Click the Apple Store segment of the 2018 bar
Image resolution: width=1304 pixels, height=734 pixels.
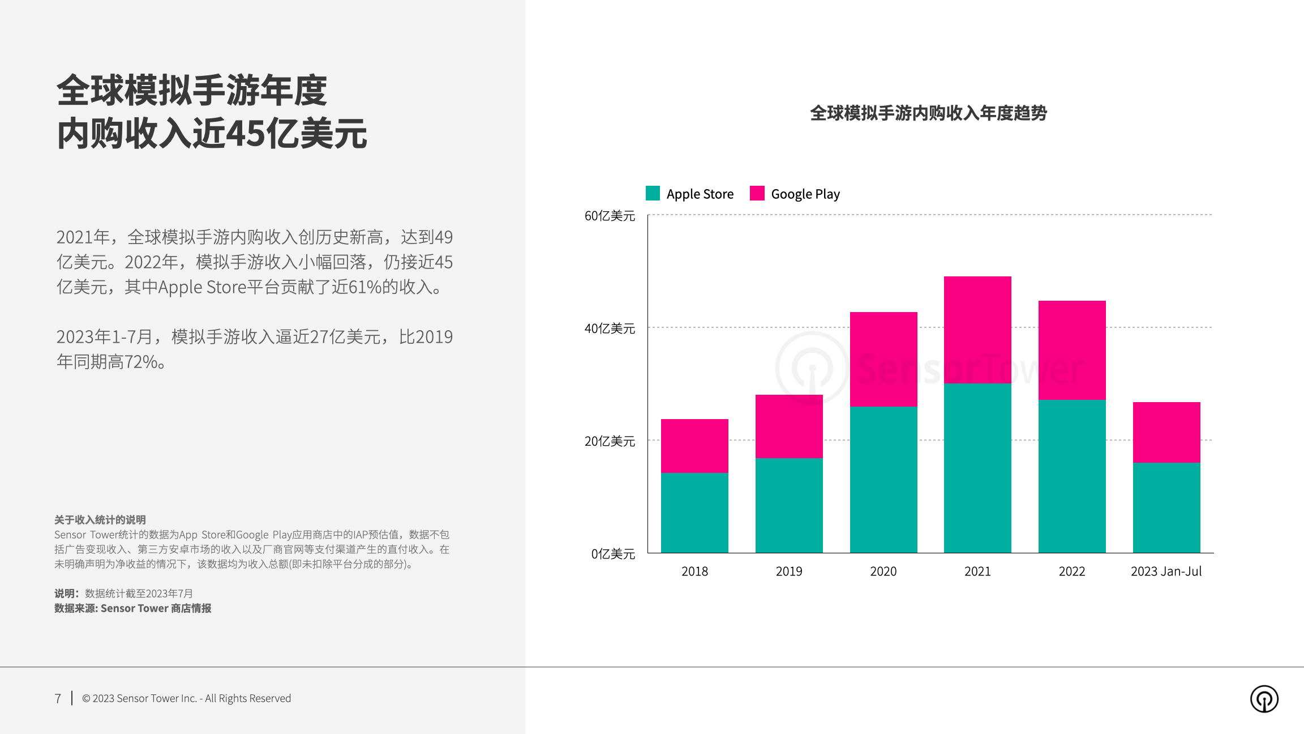coord(694,513)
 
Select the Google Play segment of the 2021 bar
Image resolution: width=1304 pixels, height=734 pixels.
coord(977,330)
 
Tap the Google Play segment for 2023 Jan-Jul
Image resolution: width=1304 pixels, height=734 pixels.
coord(1166,432)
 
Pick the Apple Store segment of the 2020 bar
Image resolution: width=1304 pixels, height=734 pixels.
coord(883,479)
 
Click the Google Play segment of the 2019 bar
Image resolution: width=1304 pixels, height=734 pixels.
coord(789,426)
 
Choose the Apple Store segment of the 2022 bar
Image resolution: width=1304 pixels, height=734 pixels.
coord(1072,476)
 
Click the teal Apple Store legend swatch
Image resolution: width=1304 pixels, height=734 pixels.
coord(653,193)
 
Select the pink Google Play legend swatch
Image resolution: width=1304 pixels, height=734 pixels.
coord(757,193)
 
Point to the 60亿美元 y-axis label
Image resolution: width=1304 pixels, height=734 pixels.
coord(610,216)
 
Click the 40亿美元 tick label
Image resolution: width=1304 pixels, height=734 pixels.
coord(610,328)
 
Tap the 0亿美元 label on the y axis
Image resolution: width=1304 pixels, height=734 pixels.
coord(613,554)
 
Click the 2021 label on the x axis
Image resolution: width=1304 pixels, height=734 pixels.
coord(977,571)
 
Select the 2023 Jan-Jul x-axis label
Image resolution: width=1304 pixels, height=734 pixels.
coord(1166,571)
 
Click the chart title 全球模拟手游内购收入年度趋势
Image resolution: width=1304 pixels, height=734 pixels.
coord(928,113)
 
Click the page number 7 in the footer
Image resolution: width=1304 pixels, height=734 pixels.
coord(58,699)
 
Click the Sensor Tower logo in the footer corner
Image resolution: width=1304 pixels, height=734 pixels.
coord(1264,699)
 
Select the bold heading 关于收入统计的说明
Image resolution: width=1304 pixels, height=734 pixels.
coord(100,520)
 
